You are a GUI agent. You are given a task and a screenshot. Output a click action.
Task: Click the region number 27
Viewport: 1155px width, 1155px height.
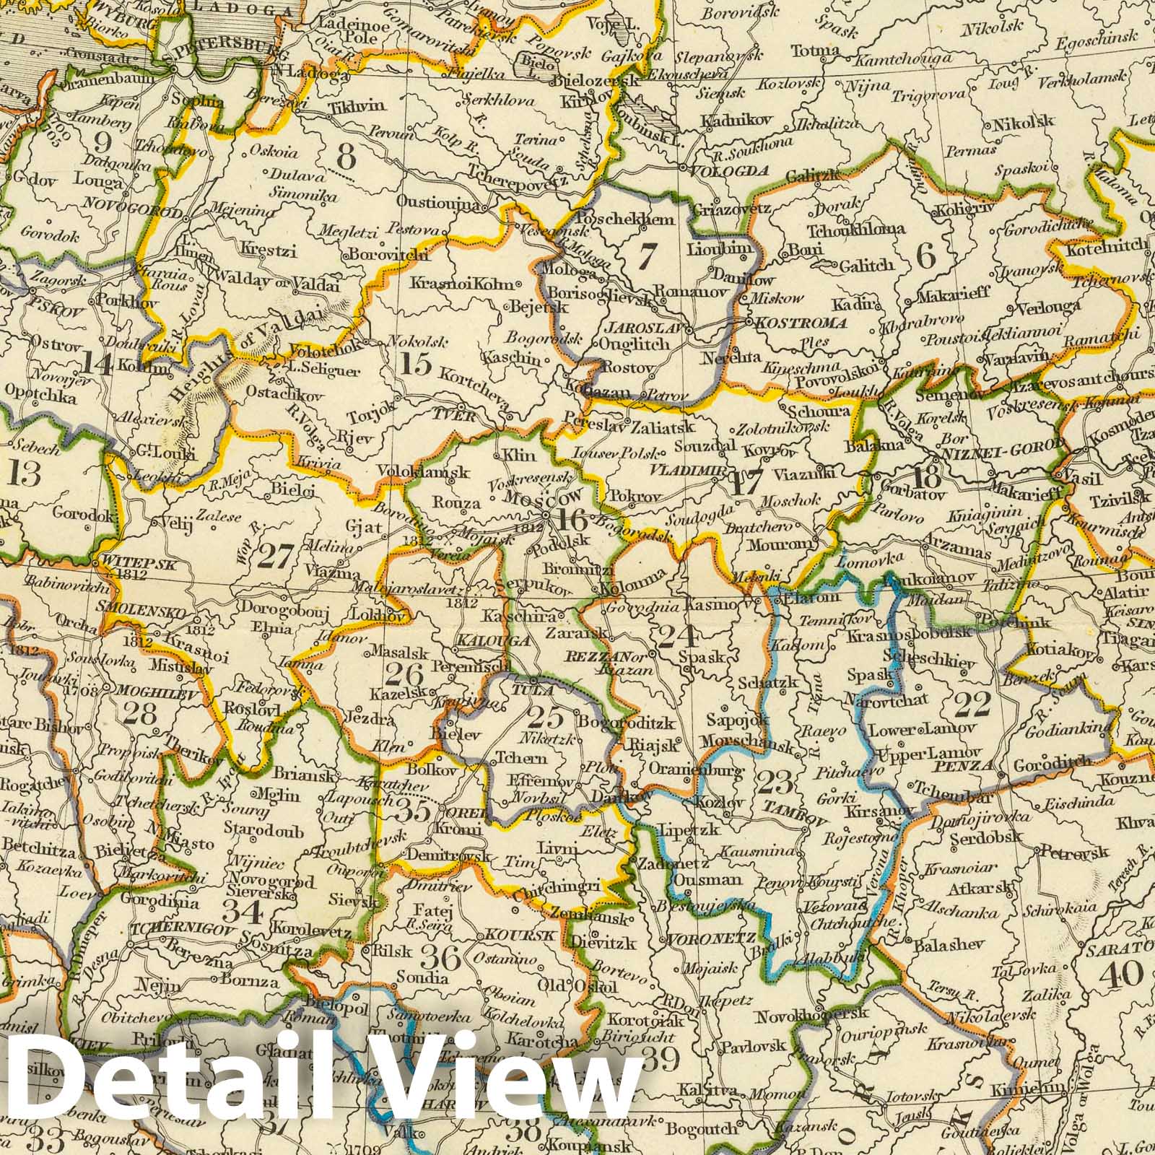pyautogui.click(x=275, y=557)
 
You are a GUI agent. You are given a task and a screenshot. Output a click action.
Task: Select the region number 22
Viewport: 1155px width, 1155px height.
pyautogui.click(x=972, y=704)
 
